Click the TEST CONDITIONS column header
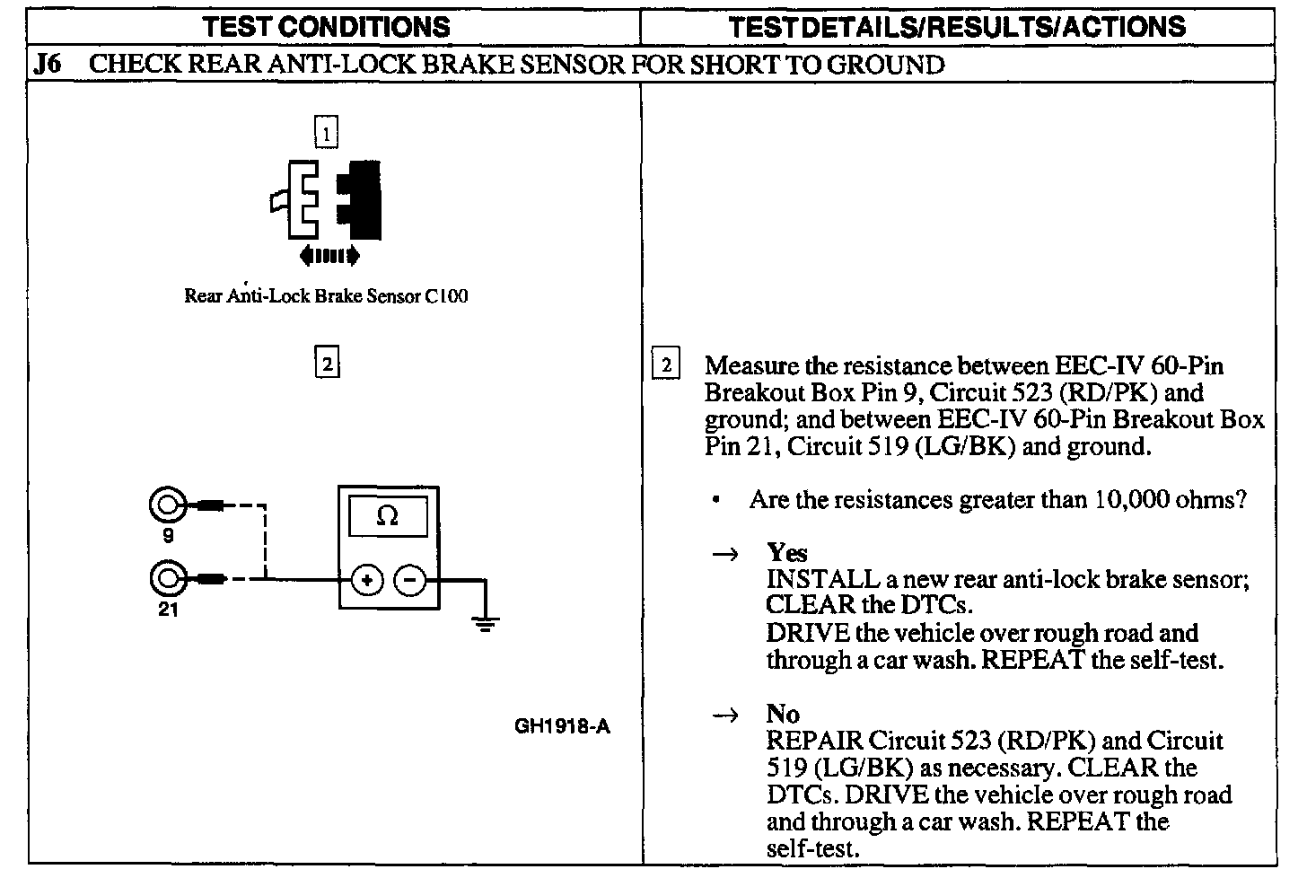[x=327, y=26]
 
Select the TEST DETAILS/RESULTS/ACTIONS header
[x=957, y=26]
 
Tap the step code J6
[x=47, y=65]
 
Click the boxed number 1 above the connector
[x=326, y=134]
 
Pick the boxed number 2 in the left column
[x=327, y=364]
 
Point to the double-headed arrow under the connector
[x=329, y=257]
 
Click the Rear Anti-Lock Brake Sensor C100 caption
[x=325, y=296]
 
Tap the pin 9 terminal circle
[x=166, y=506]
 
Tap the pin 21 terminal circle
[x=166, y=579]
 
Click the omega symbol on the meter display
[x=388, y=516]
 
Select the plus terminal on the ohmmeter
[x=366, y=581]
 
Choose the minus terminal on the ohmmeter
[x=409, y=581]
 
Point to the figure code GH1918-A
[x=562, y=726]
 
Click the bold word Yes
[x=786, y=553]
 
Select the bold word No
[x=783, y=714]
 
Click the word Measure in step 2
[x=751, y=365]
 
